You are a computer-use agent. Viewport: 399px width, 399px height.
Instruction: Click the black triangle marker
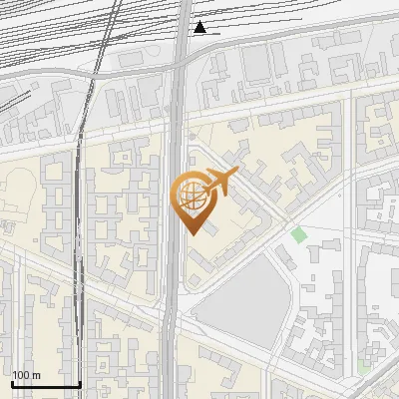pos(200,27)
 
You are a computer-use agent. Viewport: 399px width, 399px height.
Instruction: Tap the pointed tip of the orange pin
pos(191,232)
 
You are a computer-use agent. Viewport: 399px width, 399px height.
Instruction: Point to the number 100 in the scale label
pos(21,375)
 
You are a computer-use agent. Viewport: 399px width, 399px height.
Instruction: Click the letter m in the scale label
pos(36,375)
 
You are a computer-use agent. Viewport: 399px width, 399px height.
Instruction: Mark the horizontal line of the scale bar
pos(45,384)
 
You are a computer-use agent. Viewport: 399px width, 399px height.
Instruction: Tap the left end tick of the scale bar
pos(11,382)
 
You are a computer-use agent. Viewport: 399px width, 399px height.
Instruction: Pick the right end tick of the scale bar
pos(80,382)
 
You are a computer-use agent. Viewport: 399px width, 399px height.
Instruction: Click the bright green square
pos(299,234)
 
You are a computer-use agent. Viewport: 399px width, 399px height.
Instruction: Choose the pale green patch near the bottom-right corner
pos(364,368)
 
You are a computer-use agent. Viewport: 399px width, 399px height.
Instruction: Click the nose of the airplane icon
pos(235,174)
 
